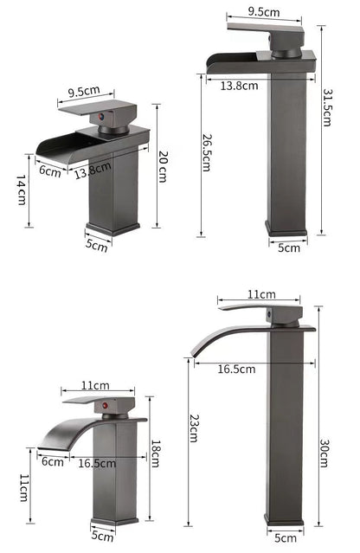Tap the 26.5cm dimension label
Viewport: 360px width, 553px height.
(206, 152)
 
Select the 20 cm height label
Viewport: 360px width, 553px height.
(162, 164)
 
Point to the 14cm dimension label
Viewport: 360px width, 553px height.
(19, 190)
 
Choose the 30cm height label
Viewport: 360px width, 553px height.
(323, 453)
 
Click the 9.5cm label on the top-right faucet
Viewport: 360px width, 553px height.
(263, 12)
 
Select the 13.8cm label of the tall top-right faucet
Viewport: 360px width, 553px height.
(239, 85)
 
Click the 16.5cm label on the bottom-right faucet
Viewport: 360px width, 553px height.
(237, 370)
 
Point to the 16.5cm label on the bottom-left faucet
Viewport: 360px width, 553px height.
(98, 463)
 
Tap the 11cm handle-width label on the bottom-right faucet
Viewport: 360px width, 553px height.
(260, 295)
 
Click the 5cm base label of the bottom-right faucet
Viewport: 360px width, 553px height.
(286, 537)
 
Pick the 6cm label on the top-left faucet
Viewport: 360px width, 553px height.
(50, 170)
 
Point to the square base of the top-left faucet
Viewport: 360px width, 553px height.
(112, 227)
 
